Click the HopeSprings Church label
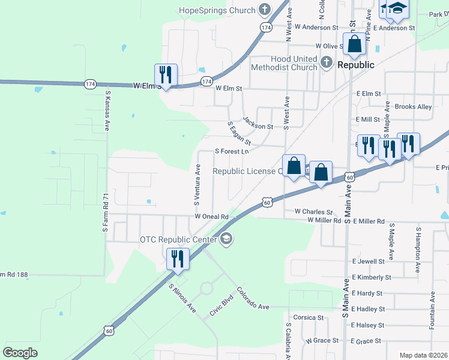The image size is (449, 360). [x=217, y=10]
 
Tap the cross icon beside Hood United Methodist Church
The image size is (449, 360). [x=326, y=61]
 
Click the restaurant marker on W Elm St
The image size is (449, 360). [x=166, y=76]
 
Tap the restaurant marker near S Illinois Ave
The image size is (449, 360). [x=178, y=259]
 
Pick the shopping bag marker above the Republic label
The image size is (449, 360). [x=354, y=44]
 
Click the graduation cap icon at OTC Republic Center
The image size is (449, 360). [x=226, y=239]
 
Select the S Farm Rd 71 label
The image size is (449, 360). [x=104, y=213]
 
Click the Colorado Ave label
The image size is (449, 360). [x=253, y=298]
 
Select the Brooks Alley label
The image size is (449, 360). [x=413, y=107]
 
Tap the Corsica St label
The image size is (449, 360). [x=308, y=317]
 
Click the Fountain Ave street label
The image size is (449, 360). [x=432, y=310]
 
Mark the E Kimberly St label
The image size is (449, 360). [x=372, y=278]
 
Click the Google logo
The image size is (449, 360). [x=20, y=352]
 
